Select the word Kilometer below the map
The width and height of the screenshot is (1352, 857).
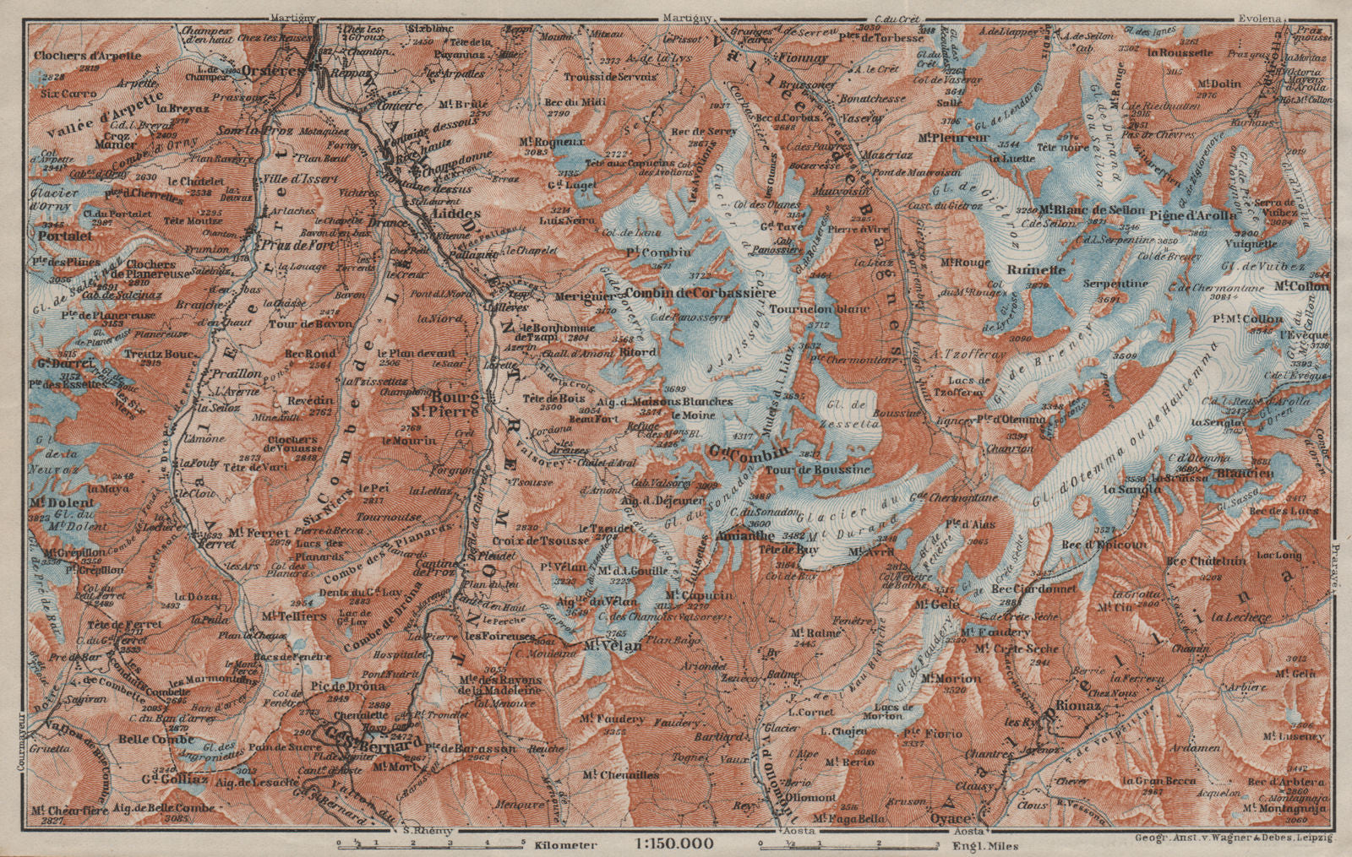point(569,844)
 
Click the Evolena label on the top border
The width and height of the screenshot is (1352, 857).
point(1261,17)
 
